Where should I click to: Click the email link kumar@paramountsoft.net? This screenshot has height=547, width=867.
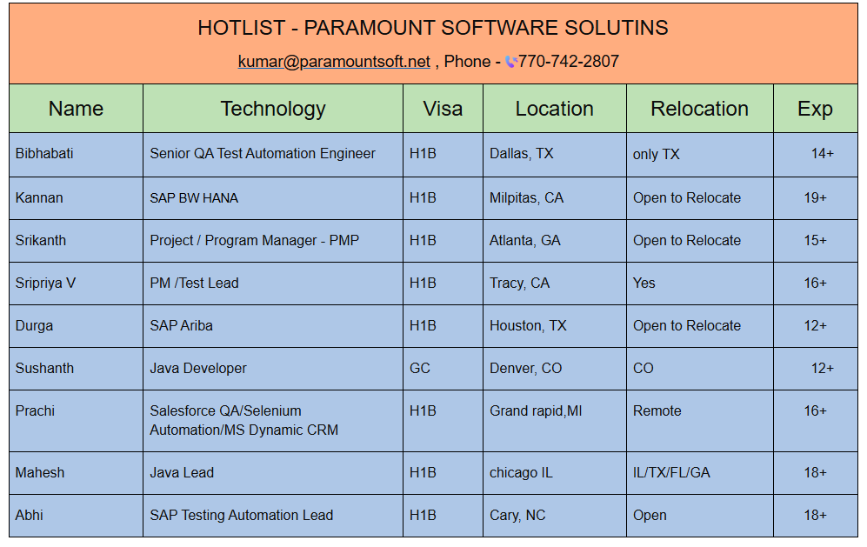coord(334,62)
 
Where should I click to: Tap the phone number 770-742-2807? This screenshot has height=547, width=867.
coord(569,61)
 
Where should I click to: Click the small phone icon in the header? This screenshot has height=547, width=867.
coord(511,62)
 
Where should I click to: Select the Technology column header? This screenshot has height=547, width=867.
coord(273,109)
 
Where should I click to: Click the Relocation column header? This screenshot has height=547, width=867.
coord(699,109)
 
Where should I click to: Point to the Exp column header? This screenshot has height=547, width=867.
coord(815,109)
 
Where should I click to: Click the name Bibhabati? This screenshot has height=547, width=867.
coord(44,153)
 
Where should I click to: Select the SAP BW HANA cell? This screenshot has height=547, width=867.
coord(194,198)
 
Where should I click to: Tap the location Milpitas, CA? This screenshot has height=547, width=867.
coord(526,198)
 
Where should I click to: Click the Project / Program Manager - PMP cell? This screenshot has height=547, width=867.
coord(254,241)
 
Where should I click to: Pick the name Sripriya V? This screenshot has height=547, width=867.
coord(45,284)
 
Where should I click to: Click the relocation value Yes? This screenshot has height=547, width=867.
coord(644,284)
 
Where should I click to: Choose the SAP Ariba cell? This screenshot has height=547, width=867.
coord(182,326)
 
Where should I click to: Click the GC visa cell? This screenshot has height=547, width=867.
coord(420,369)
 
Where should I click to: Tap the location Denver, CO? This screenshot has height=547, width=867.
coord(526,369)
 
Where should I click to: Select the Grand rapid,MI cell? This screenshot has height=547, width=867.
coord(536,411)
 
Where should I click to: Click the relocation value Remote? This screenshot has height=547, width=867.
coord(657,411)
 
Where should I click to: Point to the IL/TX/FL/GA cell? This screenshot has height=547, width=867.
coord(671,473)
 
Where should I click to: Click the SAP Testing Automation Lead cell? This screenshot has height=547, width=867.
coord(242,516)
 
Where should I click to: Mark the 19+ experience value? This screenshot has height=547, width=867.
coord(815,198)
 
